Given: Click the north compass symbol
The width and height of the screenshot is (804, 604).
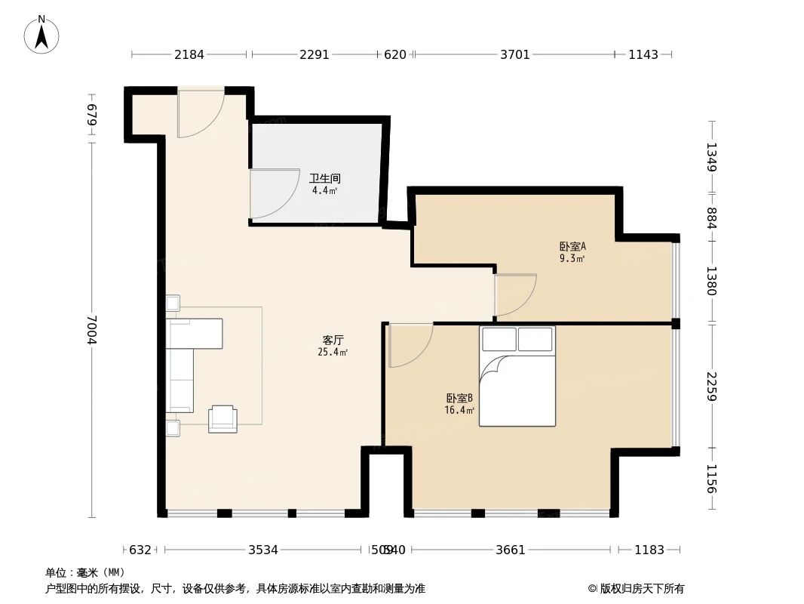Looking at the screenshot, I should [x=42, y=35].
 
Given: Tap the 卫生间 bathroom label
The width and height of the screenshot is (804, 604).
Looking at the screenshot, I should [x=324, y=179].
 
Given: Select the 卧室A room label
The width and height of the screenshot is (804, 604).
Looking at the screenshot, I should [x=572, y=246].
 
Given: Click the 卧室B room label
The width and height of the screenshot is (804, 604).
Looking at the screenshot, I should [x=459, y=399].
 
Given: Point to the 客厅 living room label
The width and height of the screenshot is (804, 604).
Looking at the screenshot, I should [x=333, y=341].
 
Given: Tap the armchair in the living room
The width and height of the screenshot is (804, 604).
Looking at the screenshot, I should [x=222, y=418].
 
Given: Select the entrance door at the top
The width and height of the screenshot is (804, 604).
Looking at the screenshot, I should [x=199, y=113].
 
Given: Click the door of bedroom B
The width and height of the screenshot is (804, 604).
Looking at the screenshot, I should [x=409, y=344].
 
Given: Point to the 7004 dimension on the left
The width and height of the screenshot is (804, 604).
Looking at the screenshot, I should [x=92, y=329].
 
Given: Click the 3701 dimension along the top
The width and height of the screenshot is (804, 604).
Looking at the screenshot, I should [x=515, y=54].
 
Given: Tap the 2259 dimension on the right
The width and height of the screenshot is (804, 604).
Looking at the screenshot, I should [x=710, y=386].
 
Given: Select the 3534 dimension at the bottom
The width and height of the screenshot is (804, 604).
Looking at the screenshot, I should [x=263, y=550].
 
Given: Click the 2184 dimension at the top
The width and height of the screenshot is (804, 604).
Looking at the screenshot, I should [x=189, y=54].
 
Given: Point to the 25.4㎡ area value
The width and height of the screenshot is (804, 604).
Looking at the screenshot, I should [x=333, y=353].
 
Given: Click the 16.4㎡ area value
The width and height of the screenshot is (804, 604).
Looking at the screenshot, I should [x=459, y=411].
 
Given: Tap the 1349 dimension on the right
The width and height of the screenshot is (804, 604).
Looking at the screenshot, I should [x=710, y=157].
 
